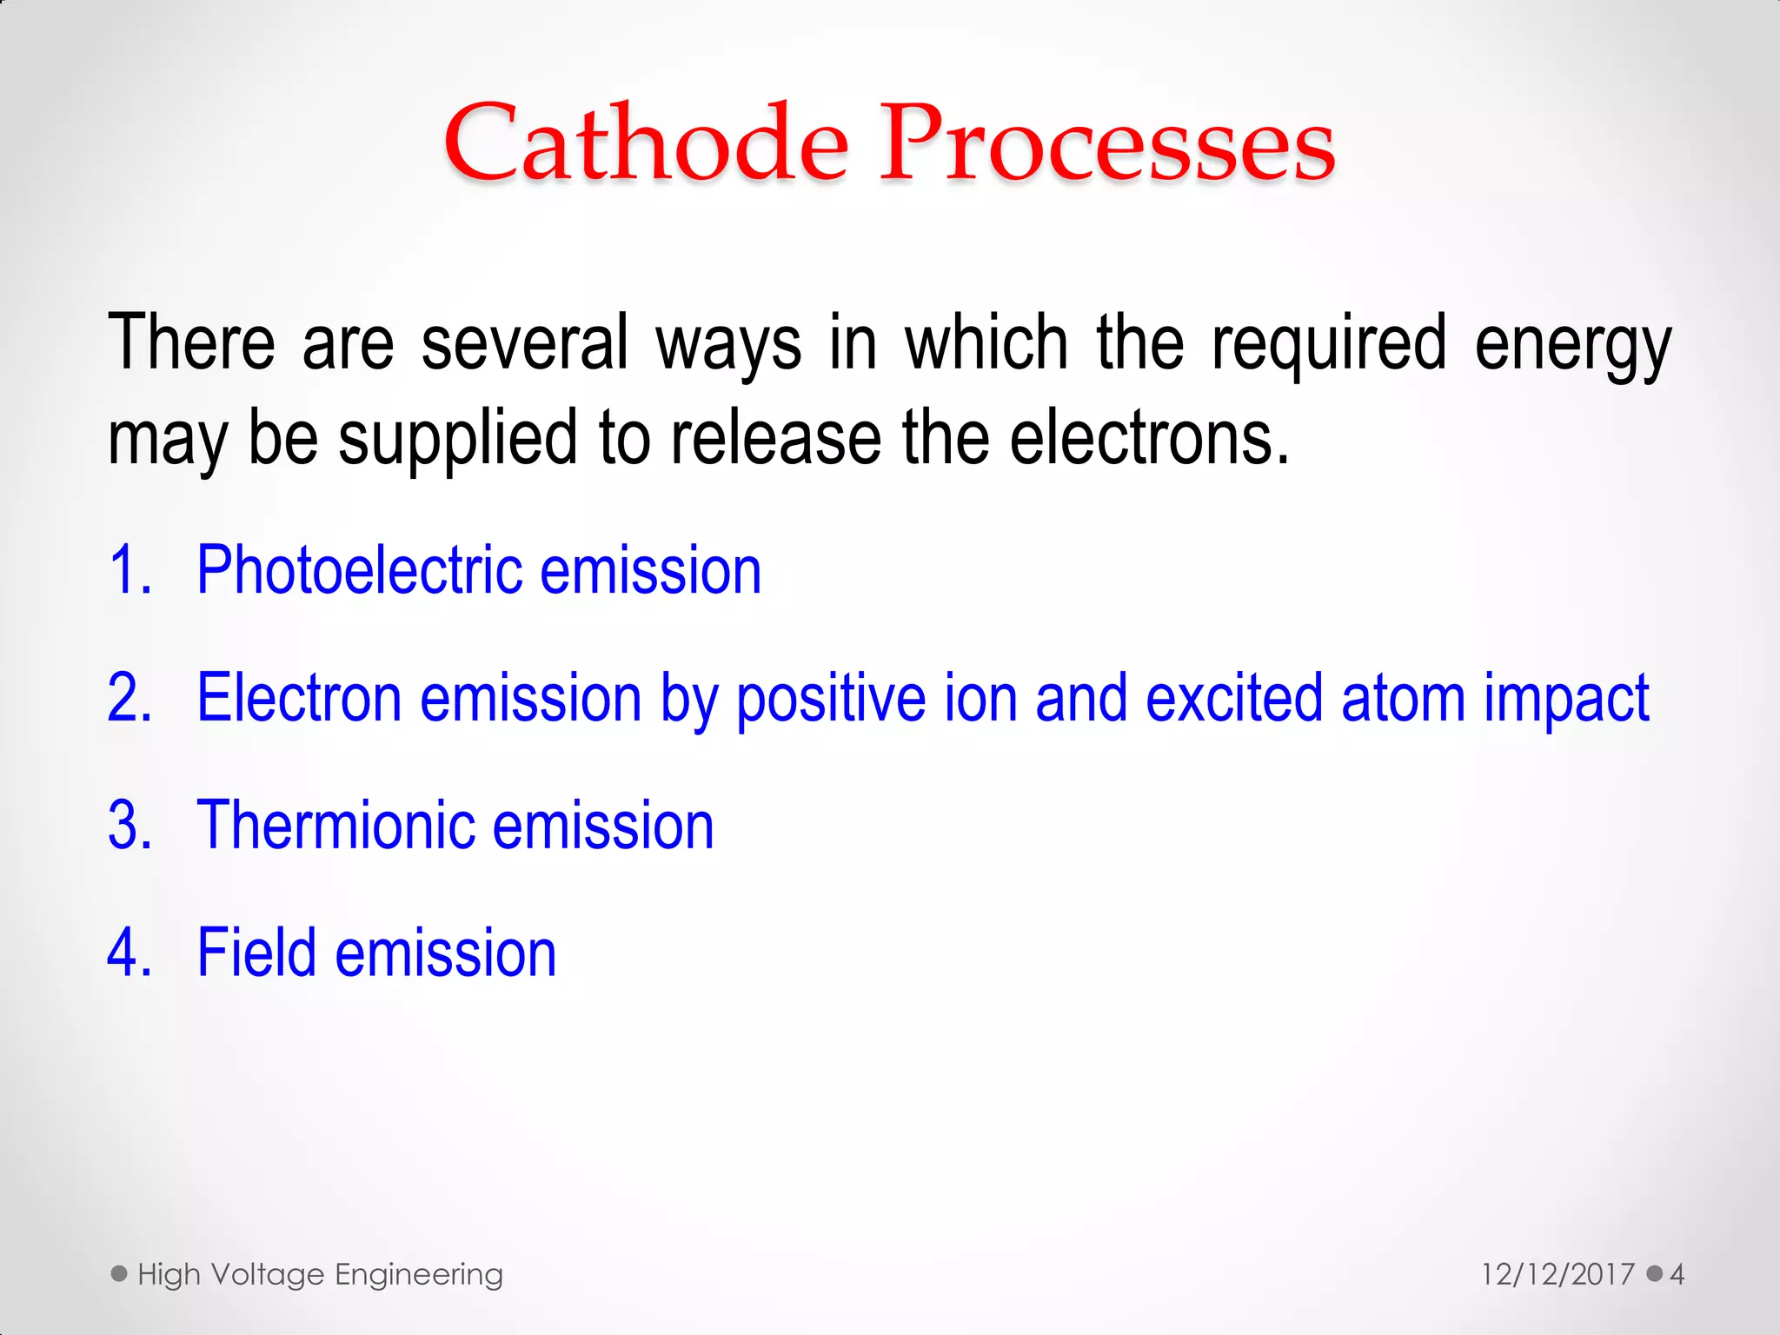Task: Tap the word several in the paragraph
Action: click(x=524, y=342)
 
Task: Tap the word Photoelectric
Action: click(x=359, y=571)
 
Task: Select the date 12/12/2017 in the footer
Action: click(x=1557, y=1275)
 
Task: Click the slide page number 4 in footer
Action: click(x=1677, y=1275)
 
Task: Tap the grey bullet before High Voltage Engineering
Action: click(x=119, y=1274)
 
